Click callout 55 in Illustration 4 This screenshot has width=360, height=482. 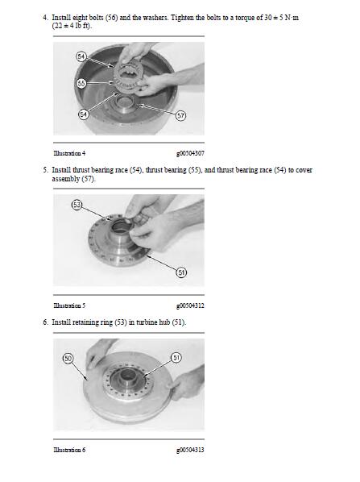(81, 83)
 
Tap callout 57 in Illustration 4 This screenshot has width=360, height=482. (181, 115)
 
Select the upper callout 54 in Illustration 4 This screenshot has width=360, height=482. (81, 56)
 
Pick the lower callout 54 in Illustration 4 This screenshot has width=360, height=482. (83, 114)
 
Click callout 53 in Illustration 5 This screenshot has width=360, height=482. (77, 205)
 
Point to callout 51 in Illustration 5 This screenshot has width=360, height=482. (181, 272)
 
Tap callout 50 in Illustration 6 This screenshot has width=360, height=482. (68, 358)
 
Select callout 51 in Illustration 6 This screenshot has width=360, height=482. (176, 358)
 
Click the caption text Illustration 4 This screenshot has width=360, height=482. (69, 153)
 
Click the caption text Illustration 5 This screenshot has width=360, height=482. (69, 305)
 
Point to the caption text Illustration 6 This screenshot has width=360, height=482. (69, 450)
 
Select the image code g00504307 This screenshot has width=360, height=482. (190, 153)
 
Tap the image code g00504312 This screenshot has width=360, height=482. (190, 305)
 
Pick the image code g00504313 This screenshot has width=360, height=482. (190, 450)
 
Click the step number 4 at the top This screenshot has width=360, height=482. (45, 18)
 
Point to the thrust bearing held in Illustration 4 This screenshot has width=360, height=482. (128, 77)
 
